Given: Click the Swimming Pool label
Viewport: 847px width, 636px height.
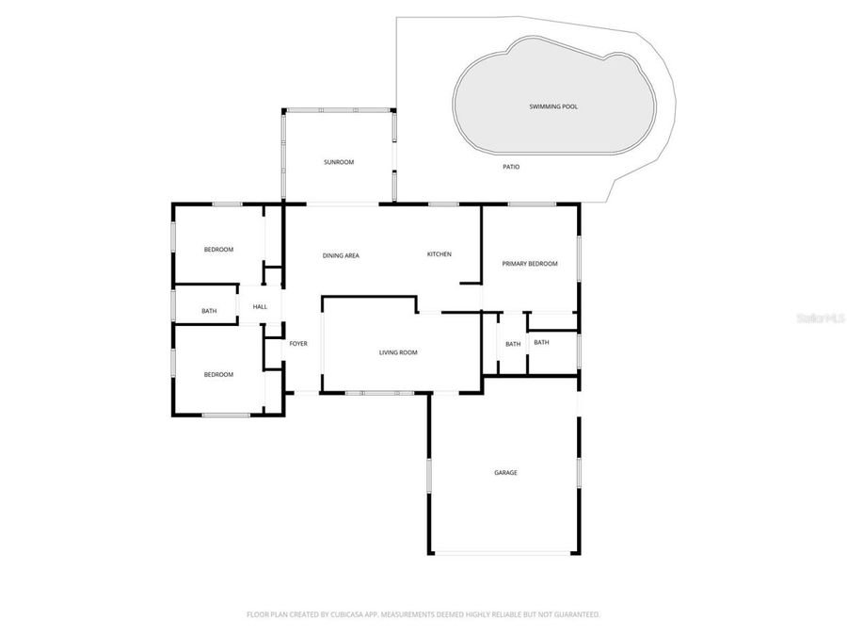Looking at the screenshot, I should point(552,106).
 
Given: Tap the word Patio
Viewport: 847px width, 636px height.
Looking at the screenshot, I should point(511,167).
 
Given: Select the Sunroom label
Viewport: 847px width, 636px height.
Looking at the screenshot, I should point(339,162).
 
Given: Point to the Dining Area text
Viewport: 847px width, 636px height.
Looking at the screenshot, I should point(341,255).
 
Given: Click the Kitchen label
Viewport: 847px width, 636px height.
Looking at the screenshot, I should point(439,254).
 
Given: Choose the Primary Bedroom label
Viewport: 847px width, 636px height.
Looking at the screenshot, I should point(530,264).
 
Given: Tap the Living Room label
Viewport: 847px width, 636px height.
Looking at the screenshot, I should point(398,352).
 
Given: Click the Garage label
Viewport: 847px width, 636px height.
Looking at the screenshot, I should point(505,472).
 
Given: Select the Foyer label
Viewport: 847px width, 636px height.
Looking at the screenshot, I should point(298,344).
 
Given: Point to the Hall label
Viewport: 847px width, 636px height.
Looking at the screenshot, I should point(260,306).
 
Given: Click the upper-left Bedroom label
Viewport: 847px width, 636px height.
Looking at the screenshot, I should point(218,249).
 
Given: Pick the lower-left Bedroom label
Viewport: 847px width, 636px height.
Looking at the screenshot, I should point(218,374).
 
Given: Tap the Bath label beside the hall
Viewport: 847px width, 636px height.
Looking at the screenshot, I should point(209,311).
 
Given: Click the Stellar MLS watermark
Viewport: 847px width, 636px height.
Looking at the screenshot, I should point(820,319).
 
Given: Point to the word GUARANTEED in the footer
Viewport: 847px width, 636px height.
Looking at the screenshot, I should point(574,614).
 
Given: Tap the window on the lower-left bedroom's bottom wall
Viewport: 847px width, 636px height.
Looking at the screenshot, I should point(226,415).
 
